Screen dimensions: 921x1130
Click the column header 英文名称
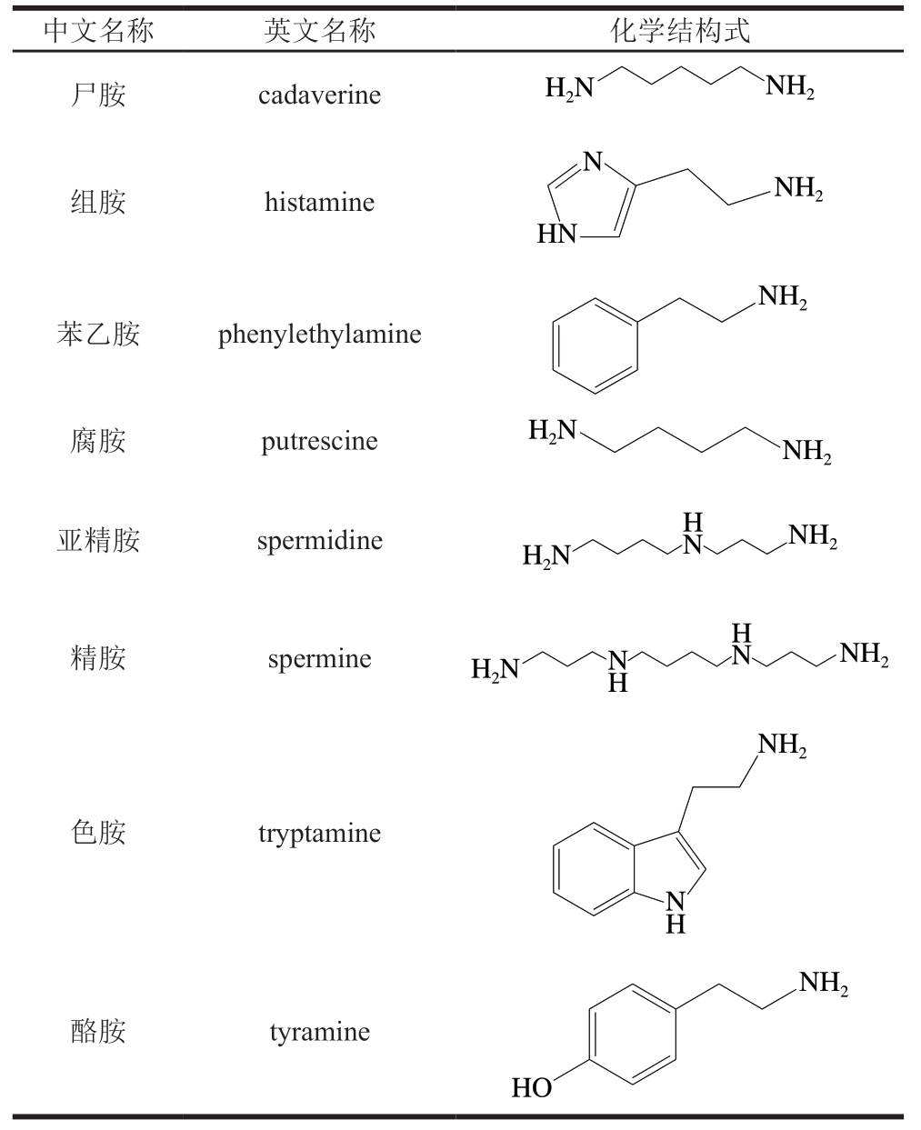[320, 30]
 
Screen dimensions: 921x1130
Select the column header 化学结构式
[681, 30]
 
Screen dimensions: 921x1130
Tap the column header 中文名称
[99, 30]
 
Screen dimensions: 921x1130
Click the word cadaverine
[320, 95]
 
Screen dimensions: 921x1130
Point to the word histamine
[320, 202]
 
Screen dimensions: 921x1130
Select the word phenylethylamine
[320, 335]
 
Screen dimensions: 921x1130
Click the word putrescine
[320, 442]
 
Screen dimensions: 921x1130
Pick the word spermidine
[320, 541]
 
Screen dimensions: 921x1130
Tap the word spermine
[320, 659]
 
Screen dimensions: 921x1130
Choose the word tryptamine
[320, 834]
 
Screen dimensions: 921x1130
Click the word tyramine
[320, 1033]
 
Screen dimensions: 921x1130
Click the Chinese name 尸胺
[99, 95]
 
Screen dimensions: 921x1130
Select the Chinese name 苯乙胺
[99, 335]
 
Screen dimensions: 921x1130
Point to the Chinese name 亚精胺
[99, 541]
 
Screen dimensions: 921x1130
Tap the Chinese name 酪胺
[99, 1033]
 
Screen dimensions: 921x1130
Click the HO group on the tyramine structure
[532, 1088]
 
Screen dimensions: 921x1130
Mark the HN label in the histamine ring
[557, 234]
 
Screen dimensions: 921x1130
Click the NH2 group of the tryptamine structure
[783, 745]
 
